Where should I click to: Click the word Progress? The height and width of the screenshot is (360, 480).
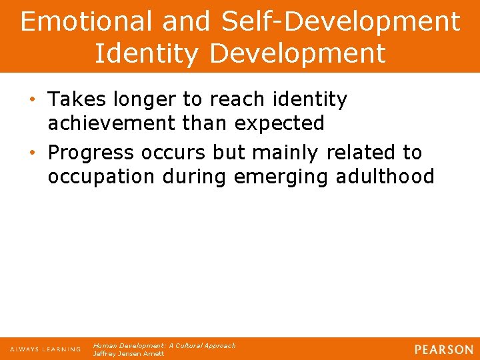[93, 153]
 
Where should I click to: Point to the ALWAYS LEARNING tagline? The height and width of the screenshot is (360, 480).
[45, 349]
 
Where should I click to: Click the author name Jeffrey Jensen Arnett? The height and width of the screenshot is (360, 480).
[129, 354]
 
